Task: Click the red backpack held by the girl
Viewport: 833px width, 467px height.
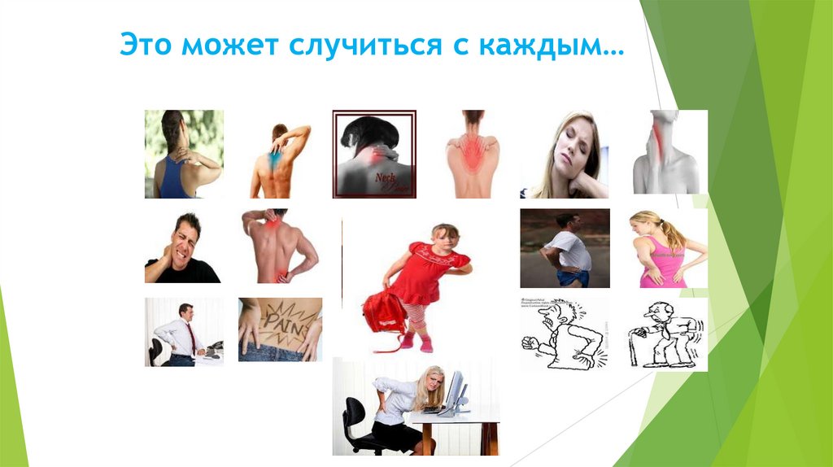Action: tap(385, 315)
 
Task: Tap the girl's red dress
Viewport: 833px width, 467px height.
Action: tap(423, 277)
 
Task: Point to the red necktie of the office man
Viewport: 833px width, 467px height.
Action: tap(192, 335)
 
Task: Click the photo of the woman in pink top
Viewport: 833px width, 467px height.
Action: tap(668, 249)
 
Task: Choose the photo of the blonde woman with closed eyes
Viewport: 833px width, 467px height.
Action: tap(564, 155)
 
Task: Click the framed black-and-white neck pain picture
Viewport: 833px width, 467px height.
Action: tap(373, 154)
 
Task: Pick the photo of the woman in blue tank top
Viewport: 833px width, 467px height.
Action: tap(184, 155)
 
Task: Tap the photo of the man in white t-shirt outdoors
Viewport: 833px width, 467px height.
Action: tap(565, 248)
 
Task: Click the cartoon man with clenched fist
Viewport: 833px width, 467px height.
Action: tap(563, 334)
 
